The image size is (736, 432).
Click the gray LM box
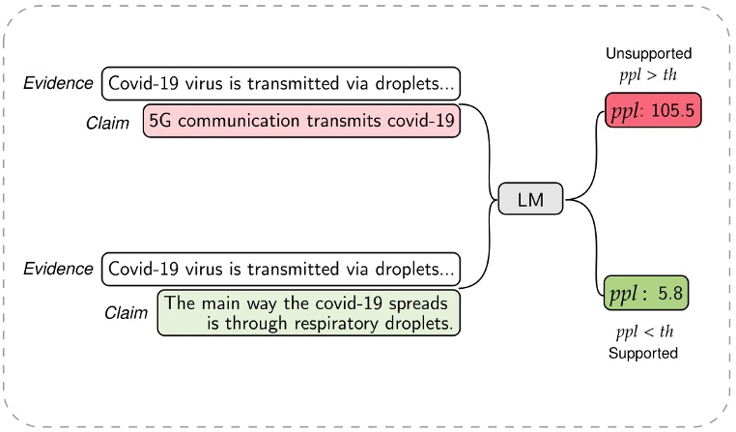[x=531, y=199]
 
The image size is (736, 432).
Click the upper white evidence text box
[x=280, y=83]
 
